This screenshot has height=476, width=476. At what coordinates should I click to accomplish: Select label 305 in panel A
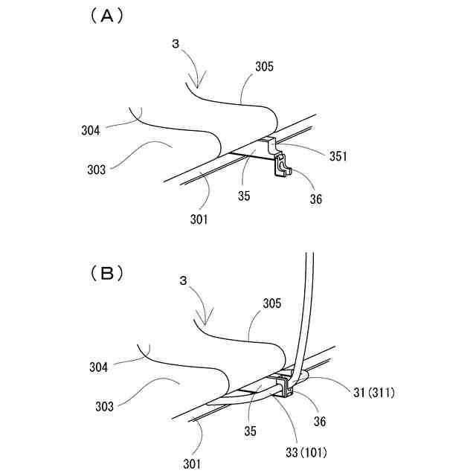[264, 66]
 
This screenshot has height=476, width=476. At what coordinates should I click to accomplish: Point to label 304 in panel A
[91, 131]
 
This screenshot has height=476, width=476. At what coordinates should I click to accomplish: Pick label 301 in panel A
[199, 219]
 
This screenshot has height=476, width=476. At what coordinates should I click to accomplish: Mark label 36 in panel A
[316, 199]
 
